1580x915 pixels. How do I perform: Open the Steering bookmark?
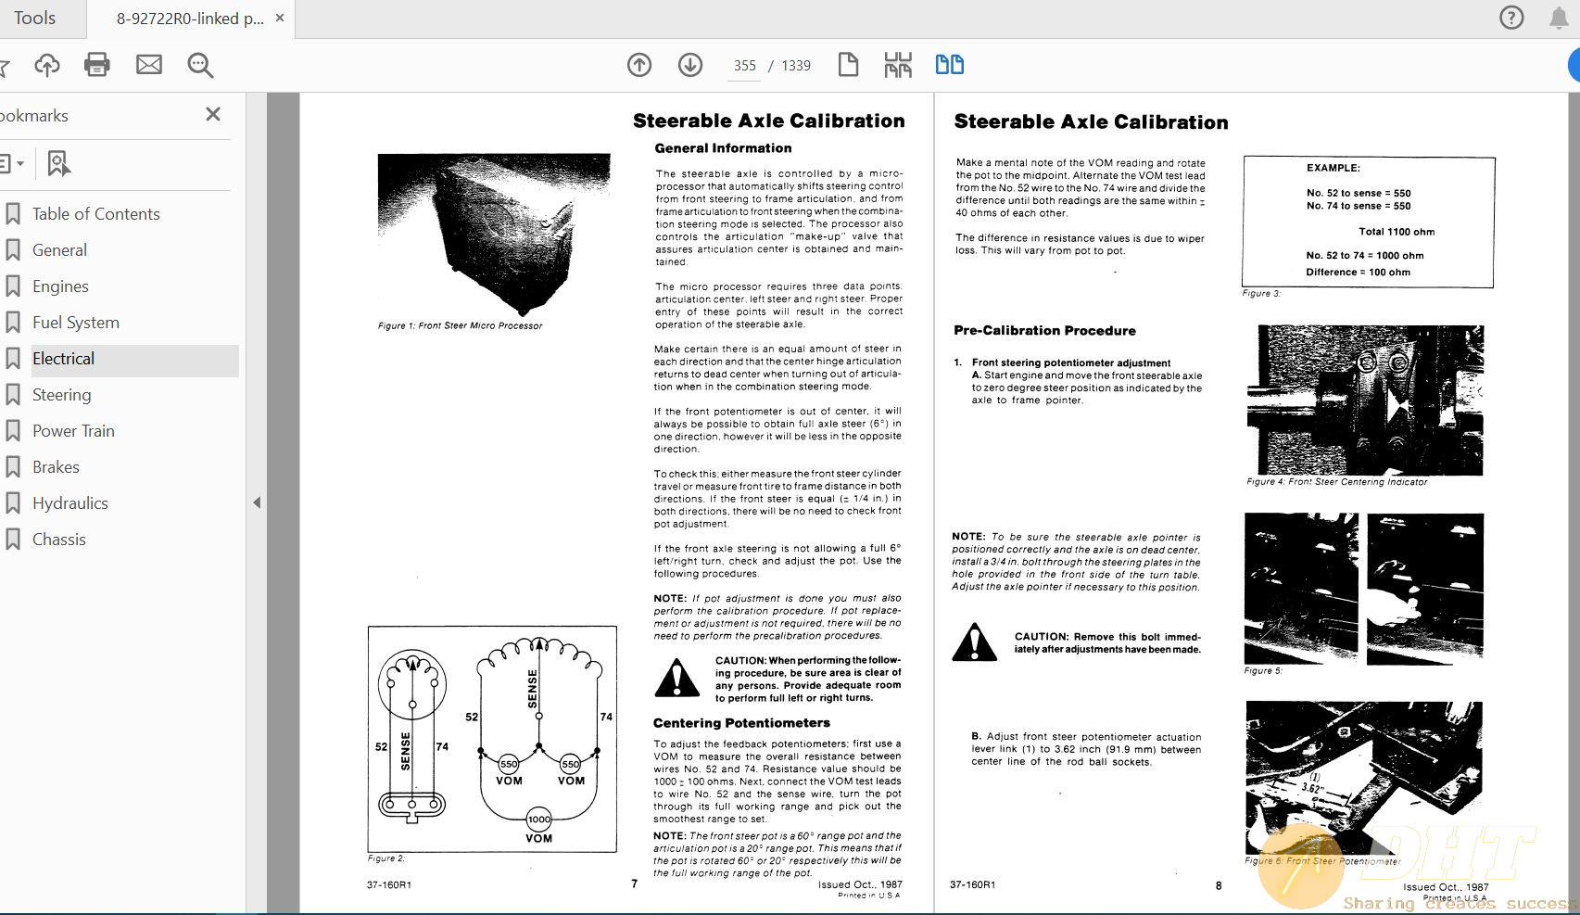[x=61, y=395]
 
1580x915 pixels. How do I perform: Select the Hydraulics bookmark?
[x=70, y=503]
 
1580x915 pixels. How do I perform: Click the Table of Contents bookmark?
[x=95, y=214]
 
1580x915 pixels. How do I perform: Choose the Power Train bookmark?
[x=73, y=431]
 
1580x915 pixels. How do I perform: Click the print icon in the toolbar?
[x=97, y=65]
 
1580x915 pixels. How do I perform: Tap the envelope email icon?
[x=149, y=65]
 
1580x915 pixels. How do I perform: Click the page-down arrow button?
[x=689, y=65]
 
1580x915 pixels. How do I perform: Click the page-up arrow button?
[x=639, y=65]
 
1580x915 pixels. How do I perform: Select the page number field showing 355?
[x=745, y=66]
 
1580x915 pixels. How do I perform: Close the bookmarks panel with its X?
[x=213, y=114]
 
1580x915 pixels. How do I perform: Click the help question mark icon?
[x=1511, y=18]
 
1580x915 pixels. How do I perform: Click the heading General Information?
[x=723, y=148]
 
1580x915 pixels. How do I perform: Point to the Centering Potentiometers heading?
[x=741, y=723]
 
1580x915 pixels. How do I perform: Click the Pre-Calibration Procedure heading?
[x=1044, y=330]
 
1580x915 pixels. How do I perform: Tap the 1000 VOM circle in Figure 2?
[x=538, y=820]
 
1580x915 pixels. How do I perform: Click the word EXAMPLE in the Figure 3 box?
[x=1334, y=168]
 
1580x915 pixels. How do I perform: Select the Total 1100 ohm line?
[x=1397, y=232]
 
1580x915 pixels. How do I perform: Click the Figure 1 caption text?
[x=460, y=326]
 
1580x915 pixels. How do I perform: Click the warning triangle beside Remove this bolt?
[x=974, y=642]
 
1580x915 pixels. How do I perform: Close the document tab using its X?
[x=280, y=18]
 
